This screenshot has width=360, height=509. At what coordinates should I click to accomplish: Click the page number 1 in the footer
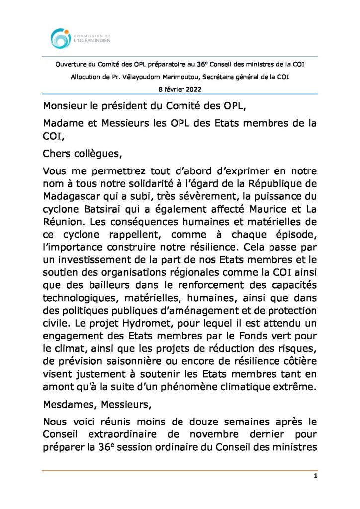pos(316,476)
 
